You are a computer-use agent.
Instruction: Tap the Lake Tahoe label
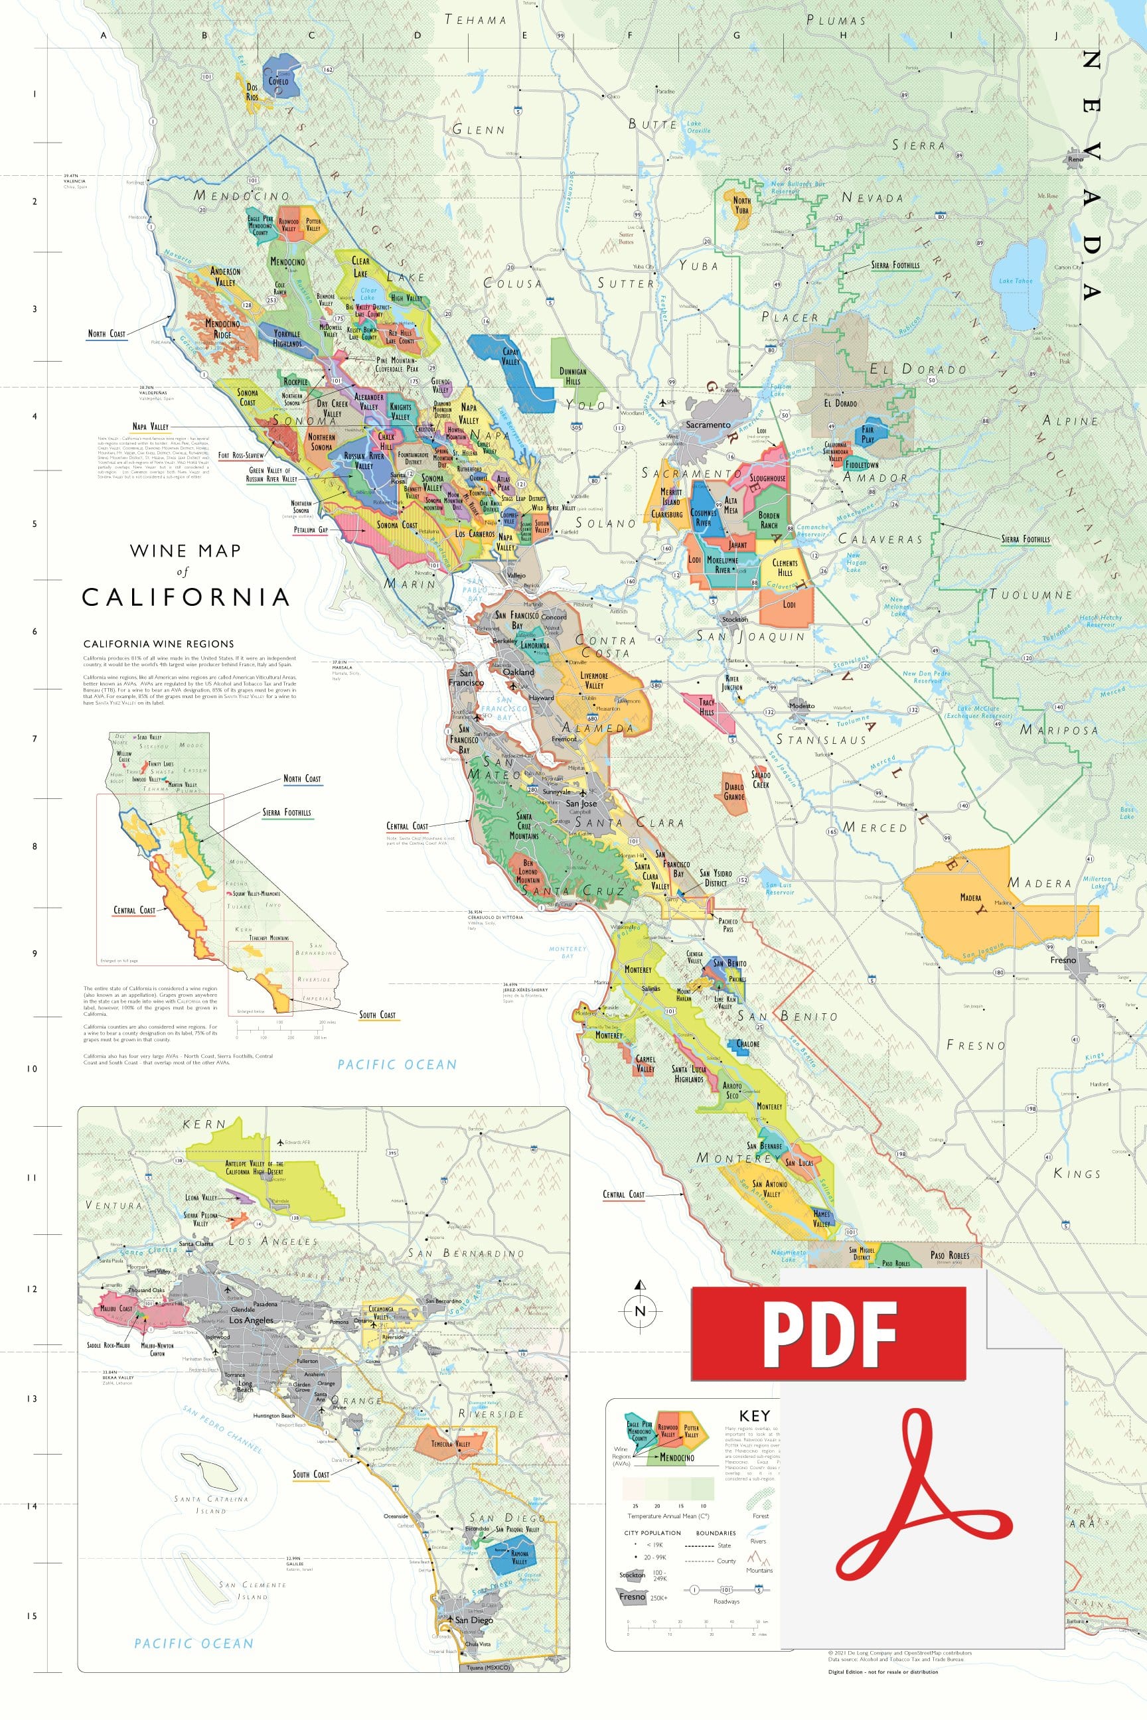pos(1016,281)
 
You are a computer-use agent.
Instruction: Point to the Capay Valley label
pos(510,356)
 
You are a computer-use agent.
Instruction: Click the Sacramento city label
pos(708,424)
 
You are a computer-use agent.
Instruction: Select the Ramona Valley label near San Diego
pos(519,1557)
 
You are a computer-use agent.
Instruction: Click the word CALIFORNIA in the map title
pos(186,597)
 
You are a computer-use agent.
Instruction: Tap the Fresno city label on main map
pos(1063,960)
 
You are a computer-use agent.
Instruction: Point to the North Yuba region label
pos(741,205)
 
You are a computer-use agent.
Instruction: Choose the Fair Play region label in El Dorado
pos(868,435)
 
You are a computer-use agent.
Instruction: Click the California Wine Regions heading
pos(158,644)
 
